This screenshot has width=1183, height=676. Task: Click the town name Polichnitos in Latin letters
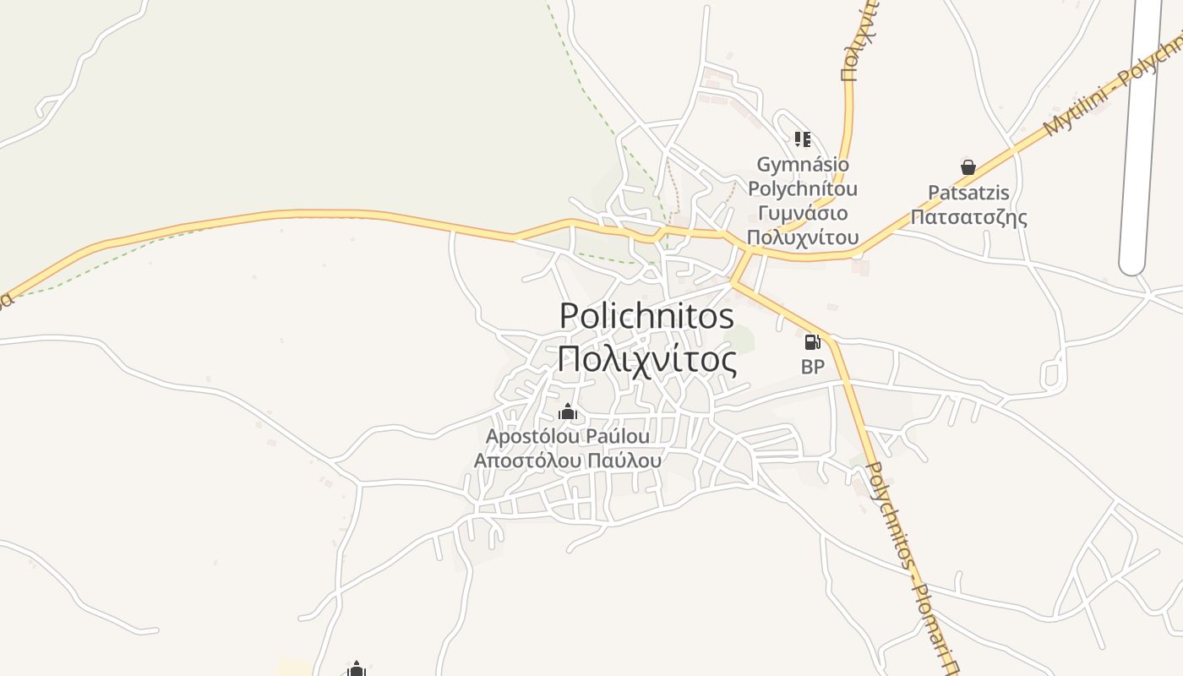pos(646,316)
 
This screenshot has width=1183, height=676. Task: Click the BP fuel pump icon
pos(812,342)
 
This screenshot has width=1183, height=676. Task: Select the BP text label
pos(812,367)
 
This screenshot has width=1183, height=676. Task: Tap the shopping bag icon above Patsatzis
pos(968,167)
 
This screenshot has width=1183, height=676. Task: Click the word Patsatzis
pos(968,193)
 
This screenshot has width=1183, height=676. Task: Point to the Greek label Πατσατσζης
pos(968,217)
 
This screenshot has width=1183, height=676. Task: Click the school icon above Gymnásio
pos(802,139)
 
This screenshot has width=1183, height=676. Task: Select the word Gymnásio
pos(803,164)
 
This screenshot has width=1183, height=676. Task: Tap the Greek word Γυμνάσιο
pos(803,213)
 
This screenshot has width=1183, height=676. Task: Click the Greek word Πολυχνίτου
pos(803,237)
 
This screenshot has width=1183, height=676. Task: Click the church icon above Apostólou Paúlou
pos(568,412)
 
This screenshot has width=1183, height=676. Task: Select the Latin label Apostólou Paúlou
pos(568,437)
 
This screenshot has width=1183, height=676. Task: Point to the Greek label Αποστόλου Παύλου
pos(568,461)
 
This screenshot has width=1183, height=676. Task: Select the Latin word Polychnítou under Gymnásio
pos(803,188)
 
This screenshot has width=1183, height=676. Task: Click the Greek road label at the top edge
pos(859,42)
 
